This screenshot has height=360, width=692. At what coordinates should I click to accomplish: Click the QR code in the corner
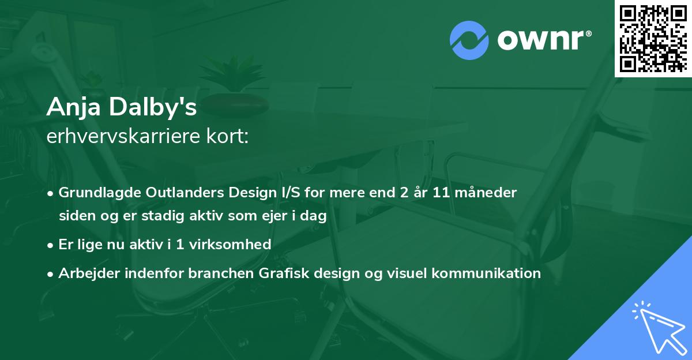click(653, 38)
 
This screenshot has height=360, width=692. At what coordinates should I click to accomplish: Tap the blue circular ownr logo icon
click(469, 40)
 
